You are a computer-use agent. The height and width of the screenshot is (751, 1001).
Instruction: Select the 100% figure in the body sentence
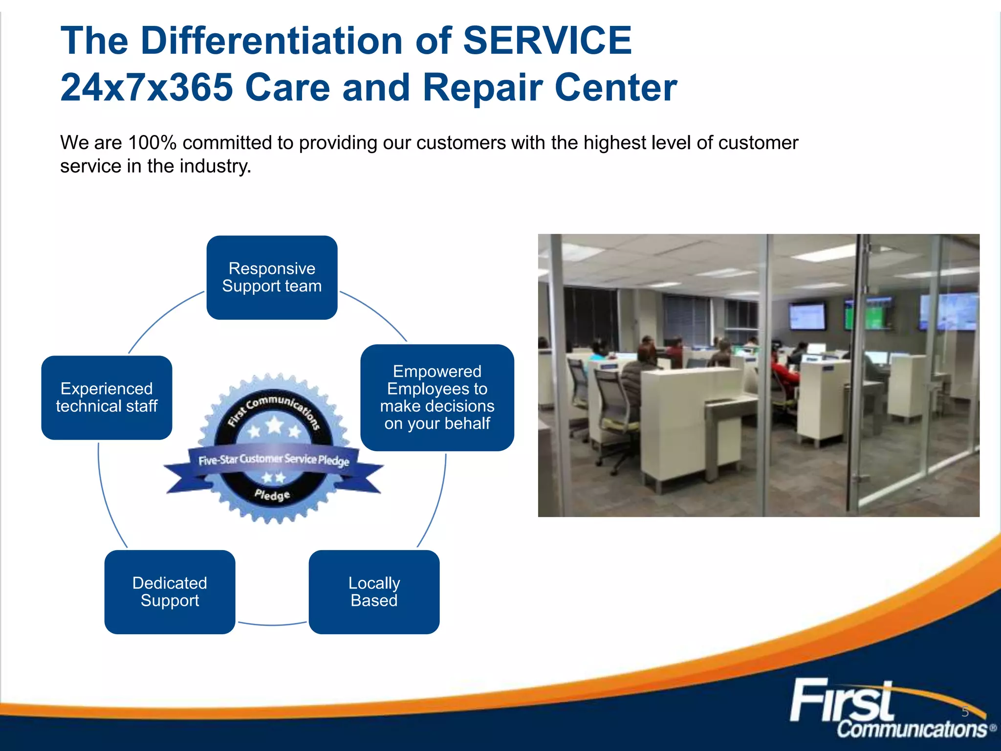click(x=152, y=143)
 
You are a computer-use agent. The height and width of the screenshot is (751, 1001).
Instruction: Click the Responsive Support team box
click(x=272, y=277)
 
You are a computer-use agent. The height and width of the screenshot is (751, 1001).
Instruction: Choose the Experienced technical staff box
click(x=107, y=397)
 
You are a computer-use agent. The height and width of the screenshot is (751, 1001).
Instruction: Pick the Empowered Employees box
click(x=437, y=397)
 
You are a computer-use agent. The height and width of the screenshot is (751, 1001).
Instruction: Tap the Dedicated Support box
click(x=170, y=592)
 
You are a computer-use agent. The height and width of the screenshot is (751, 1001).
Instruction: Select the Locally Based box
click(x=374, y=592)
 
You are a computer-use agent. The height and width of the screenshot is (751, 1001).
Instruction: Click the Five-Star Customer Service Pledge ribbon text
click(x=274, y=460)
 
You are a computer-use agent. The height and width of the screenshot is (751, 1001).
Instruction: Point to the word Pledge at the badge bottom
click(x=272, y=495)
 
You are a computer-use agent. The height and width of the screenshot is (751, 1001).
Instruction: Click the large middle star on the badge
click(x=275, y=425)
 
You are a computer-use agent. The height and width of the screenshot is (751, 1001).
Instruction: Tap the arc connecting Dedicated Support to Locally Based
click(x=272, y=624)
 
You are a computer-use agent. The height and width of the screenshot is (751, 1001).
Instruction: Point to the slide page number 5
click(x=965, y=712)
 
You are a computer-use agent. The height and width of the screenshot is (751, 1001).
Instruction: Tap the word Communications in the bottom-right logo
click(x=912, y=729)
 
